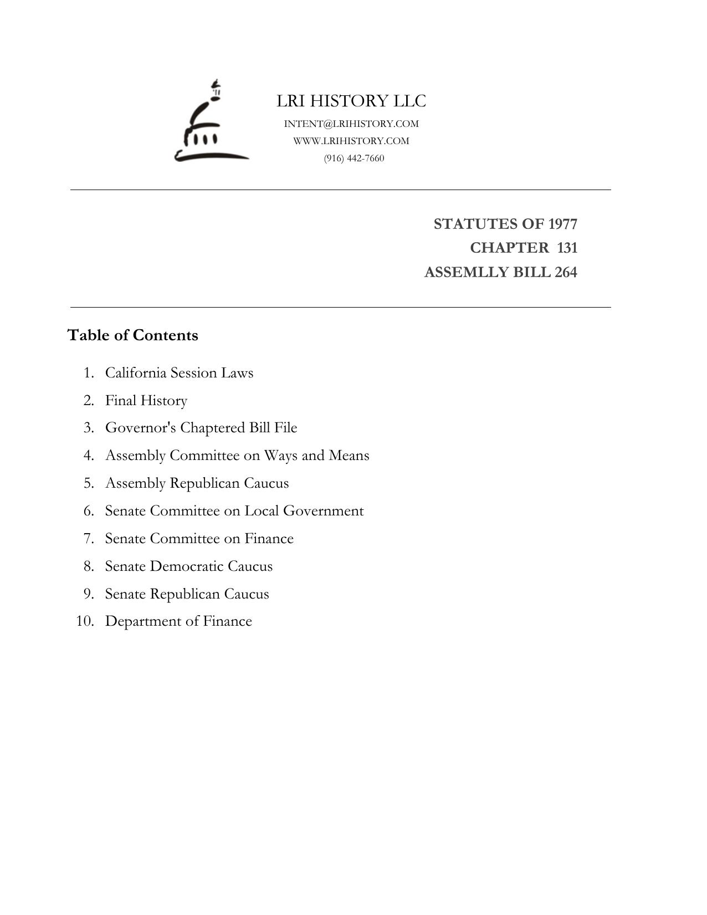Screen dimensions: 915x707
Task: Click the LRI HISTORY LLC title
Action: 351,101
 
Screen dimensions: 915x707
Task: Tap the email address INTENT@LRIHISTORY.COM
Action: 351,124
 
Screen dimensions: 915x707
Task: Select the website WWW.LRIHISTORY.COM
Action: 351,141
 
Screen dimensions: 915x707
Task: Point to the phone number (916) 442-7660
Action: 354,159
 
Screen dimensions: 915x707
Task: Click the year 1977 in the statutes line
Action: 562,224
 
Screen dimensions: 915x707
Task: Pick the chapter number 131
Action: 567,248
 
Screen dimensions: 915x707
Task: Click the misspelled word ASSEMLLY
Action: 459,273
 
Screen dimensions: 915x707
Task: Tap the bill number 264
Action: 565,273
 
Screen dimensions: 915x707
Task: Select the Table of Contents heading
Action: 132,335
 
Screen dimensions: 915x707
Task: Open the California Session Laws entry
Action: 179,373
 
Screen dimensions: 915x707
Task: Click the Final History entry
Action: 146,401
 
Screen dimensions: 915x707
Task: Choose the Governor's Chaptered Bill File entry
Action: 201,428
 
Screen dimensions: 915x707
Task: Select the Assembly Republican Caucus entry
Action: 197,483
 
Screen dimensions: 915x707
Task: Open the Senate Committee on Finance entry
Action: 199,539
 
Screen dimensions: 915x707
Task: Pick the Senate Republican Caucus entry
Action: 187,594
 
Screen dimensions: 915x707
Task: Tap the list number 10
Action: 85,621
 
